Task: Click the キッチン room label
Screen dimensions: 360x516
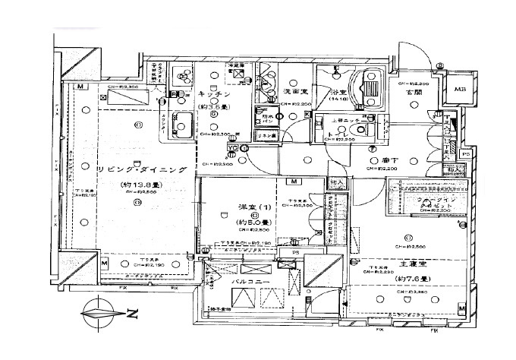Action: [216, 94]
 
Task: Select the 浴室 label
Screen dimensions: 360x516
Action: [338, 92]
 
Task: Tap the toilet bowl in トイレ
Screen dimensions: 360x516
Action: [367, 124]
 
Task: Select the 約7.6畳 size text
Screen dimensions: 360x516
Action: [414, 279]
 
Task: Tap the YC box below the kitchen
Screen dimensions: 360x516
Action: [234, 147]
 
